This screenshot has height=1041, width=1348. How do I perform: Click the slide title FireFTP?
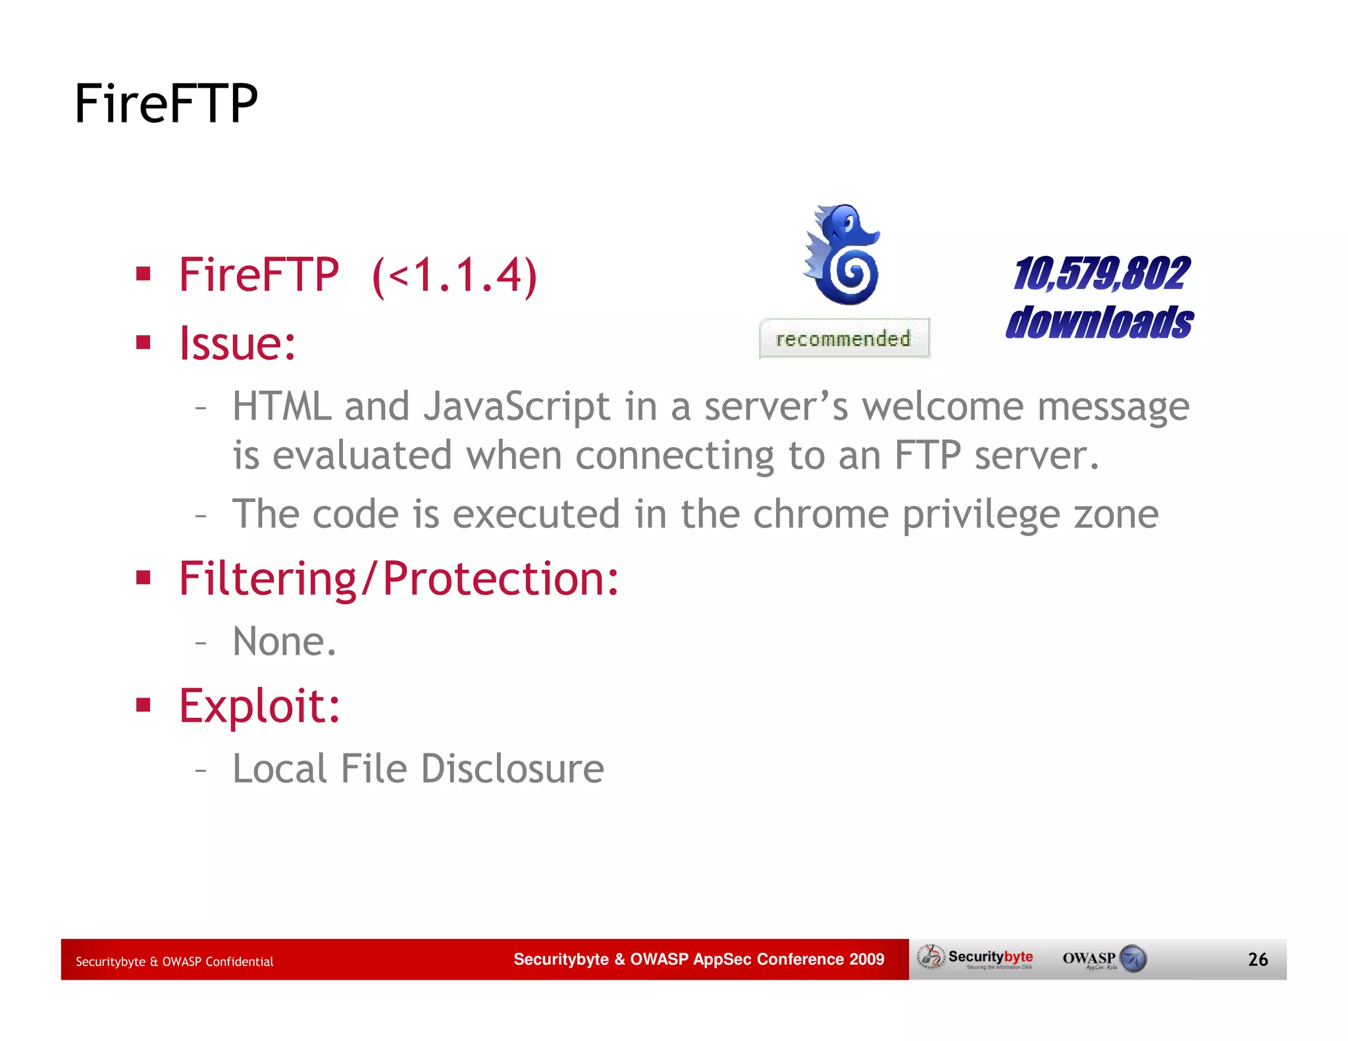166,103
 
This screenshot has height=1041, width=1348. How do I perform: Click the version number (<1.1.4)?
454,275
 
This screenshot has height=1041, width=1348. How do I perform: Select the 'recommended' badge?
844,338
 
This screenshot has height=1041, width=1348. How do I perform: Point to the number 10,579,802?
1101,273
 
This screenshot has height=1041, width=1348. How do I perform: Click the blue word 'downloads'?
1099,322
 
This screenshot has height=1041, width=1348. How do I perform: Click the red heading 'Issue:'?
238,343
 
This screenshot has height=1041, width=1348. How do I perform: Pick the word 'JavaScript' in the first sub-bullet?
517,406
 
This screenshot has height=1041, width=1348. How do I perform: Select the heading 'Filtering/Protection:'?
399,578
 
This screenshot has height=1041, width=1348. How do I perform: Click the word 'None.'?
284,642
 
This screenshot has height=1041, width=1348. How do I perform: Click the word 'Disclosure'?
512,769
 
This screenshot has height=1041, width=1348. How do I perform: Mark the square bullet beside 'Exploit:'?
143,705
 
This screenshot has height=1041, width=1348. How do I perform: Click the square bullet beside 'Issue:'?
143,342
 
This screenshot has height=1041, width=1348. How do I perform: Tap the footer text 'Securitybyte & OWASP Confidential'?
174,961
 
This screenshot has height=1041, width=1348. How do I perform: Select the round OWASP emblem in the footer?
1133,958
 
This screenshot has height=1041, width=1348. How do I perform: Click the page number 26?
1257,959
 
